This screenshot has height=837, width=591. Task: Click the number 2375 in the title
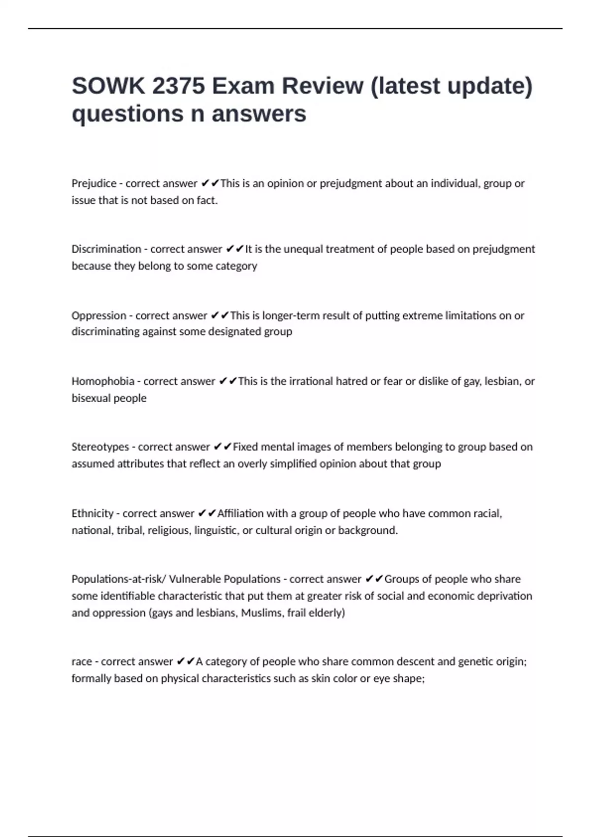178,86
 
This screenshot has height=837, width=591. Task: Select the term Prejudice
94,184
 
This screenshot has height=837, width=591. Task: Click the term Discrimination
106,249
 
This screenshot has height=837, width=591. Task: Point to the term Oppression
99,316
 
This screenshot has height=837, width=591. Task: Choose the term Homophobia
103,381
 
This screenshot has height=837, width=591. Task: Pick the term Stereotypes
100,447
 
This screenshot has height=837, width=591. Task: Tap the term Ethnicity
93,514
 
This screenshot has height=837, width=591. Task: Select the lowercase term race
82,662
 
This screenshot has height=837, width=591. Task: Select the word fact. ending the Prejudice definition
207,200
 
